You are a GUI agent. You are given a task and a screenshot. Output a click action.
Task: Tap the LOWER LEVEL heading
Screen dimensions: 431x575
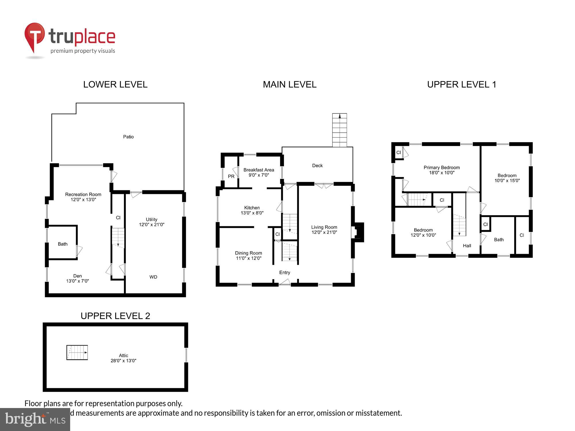click(x=115, y=84)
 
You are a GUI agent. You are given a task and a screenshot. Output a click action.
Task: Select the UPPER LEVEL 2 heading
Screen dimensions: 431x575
click(x=115, y=316)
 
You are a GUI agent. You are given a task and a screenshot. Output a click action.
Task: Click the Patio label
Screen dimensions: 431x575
click(x=128, y=137)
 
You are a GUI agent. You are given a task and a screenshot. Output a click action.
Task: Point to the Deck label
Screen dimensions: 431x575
click(x=317, y=166)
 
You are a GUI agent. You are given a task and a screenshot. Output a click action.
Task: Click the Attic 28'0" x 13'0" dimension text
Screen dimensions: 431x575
click(x=123, y=361)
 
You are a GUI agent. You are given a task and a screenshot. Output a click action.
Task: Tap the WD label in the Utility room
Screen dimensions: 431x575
click(x=153, y=277)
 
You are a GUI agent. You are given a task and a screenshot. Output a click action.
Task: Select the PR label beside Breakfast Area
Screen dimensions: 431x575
click(x=231, y=176)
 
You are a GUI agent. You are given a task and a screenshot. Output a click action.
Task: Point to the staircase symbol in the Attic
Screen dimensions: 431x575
click(x=77, y=353)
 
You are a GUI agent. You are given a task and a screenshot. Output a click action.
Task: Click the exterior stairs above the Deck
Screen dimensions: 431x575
click(x=340, y=130)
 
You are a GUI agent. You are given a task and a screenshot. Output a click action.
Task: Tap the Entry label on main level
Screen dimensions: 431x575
click(x=285, y=272)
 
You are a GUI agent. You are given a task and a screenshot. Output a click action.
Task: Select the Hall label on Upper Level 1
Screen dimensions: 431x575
click(x=467, y=246)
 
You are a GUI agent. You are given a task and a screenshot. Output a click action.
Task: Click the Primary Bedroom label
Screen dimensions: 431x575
click(x=442, y=168)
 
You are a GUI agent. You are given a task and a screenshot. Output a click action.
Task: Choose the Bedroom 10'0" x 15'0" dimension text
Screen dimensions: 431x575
click(x=507, y=181)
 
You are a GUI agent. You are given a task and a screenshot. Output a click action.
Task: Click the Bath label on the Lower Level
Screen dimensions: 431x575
click(x=63, y=244)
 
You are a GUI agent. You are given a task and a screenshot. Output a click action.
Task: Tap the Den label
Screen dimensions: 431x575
click(x=77, y=276)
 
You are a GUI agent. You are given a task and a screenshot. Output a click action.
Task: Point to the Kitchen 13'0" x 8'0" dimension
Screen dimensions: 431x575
click(x=252, y=213)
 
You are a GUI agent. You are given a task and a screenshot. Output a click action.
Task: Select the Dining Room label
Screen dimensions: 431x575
click(x=248, y=253)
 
